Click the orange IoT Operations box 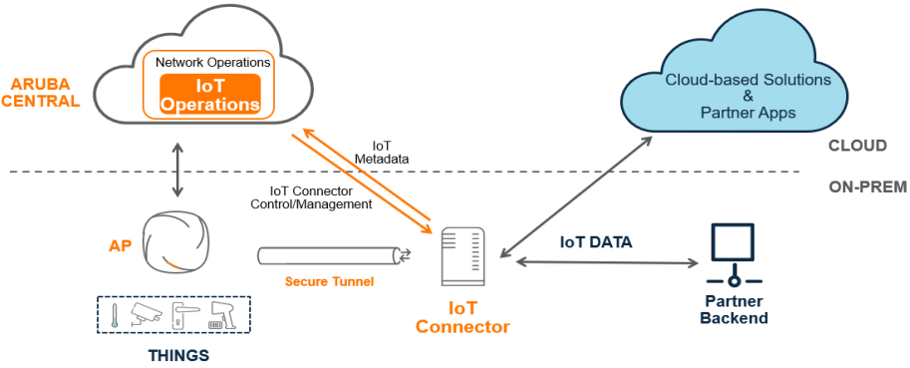pyautogui.click(x=210, y=93)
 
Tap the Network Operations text pyautogui.click(x=213, y=62)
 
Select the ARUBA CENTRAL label pyautogui.click(x=40, y=94)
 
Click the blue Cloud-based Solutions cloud pyautogui.click(x=747, y=75)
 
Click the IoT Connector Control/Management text pyautogui.click(x=311, y=197)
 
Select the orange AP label pyautogui.click(x=121, y=245)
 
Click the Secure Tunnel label pyautogui.click(x=329, y=282)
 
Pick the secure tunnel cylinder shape pyautogui.click(x=335, y=255)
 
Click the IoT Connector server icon pyautogui.click(x=463, y=256)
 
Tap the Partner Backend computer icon pyautogui.click(x=734, y=255)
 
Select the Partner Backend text pyautogui.click(x=735, y=309)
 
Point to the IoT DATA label pyautogui.click(x=596, y=242)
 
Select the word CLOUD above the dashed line pyautogui.click(x=857, y=146)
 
